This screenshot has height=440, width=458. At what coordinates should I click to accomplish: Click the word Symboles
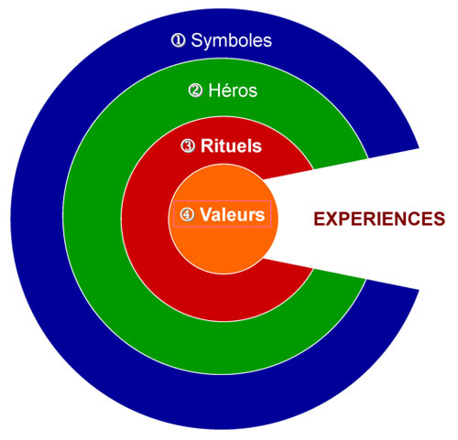tap(231, 41)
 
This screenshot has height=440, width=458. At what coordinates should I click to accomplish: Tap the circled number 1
tap(178, 40)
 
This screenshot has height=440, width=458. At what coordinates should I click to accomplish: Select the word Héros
tap(233, 91)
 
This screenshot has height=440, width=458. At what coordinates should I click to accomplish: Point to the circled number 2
tap(195, 91)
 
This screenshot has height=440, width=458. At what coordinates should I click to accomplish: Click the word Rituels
tap(231, 146)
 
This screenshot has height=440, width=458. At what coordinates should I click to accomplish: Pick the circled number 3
tap(188, 146)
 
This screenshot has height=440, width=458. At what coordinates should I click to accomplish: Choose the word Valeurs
tap(233, 214)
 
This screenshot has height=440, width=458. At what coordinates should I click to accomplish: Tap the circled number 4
tap(187, 214)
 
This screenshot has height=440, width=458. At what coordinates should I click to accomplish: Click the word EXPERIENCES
tap(379, 219)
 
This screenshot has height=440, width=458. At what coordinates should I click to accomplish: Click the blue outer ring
tap(37, 220)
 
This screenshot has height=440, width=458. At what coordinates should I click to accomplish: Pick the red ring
tap(145, 220)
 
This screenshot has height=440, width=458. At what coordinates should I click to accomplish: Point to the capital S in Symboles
tap(198, 40)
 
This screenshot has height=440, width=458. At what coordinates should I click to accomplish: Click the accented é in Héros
tap(227, 91)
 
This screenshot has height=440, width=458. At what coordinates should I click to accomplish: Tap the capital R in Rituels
tap(207, 146)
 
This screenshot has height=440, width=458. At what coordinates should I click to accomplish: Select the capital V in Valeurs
tap(207, 214)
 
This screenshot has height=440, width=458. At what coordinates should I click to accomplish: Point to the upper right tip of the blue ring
tap(420, 148)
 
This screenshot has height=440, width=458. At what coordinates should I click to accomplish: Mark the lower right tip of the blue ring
tap(420, 289)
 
